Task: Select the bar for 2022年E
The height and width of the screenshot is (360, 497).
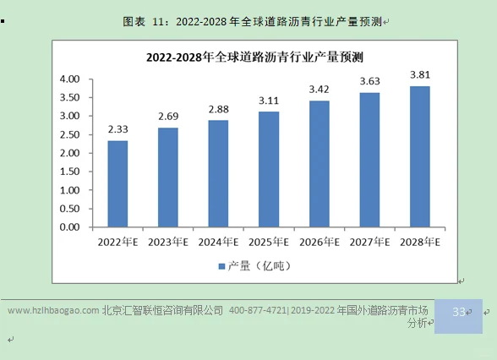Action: [117, 183]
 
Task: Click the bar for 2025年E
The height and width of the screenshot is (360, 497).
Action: [268, 169]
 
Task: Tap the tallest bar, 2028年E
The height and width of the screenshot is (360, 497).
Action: [419, 156]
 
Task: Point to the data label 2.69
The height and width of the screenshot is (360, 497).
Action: [167, 116]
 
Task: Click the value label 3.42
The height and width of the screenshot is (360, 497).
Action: [319, 89]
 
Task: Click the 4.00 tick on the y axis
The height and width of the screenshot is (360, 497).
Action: [69, 79]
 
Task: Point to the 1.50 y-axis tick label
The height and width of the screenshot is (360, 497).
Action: [69, 172]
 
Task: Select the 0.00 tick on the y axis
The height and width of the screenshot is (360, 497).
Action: [69, 227]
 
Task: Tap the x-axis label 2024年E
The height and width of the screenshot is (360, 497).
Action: [218, 242]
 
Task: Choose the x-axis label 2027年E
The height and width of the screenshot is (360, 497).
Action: [369, 242]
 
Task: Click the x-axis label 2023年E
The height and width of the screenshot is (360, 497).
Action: [167, 242]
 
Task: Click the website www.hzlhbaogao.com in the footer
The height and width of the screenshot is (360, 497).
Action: [53, 311]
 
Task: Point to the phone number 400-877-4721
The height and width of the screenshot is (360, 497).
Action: [257, 311]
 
